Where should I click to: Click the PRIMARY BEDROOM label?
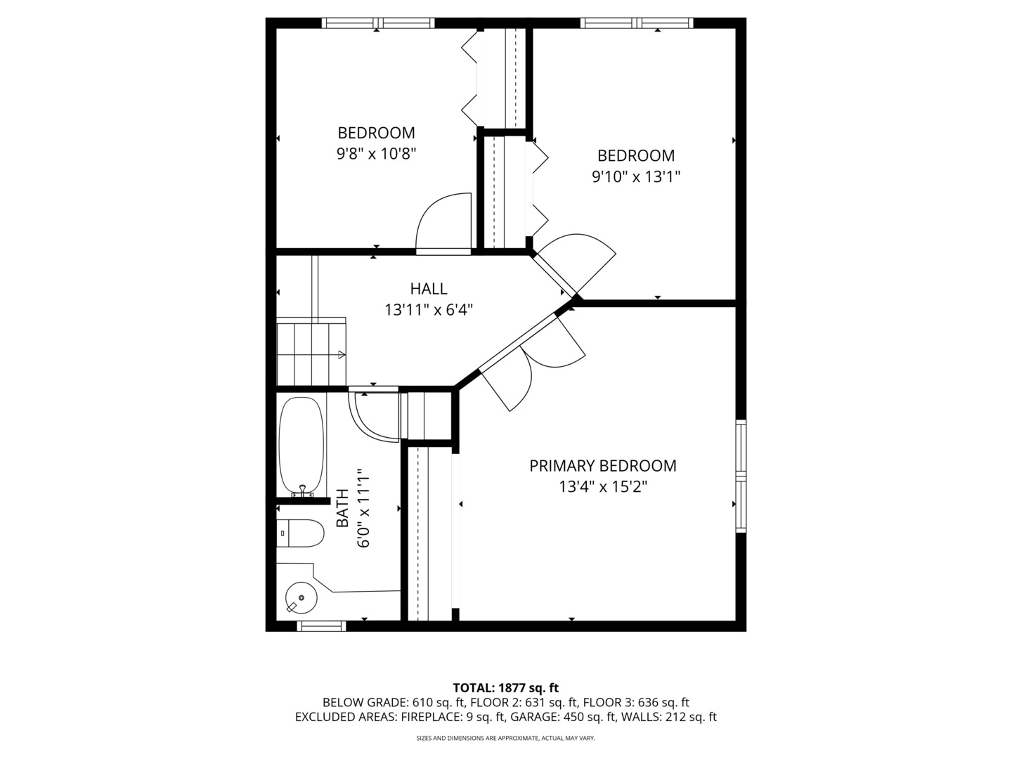(x=602, y=465)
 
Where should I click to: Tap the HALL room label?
(x=428, y=288)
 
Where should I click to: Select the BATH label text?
(x=342, y=508)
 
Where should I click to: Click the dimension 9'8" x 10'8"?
(x=376, y=153)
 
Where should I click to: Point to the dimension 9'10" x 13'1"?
(x=635, y=176)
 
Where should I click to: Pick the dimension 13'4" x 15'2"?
(x=602, y=486)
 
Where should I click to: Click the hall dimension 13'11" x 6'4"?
(x=428, y=309)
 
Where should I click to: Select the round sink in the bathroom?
(x=301, y=598)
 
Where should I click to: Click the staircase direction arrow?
(x=342, y=355)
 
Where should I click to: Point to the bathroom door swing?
(x=376, y=418)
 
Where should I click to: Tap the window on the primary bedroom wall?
(x=741, y=476)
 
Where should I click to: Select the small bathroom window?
(x=321, y=625)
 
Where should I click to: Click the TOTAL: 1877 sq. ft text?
(x=505, y=687)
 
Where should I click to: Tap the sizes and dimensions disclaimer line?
(x=505, y=739)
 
